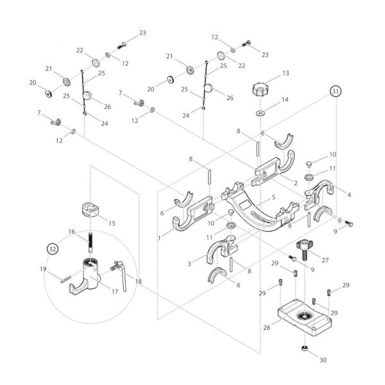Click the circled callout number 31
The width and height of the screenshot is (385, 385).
click(x=335, y=92)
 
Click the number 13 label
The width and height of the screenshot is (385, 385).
click(x=286, y=74)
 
